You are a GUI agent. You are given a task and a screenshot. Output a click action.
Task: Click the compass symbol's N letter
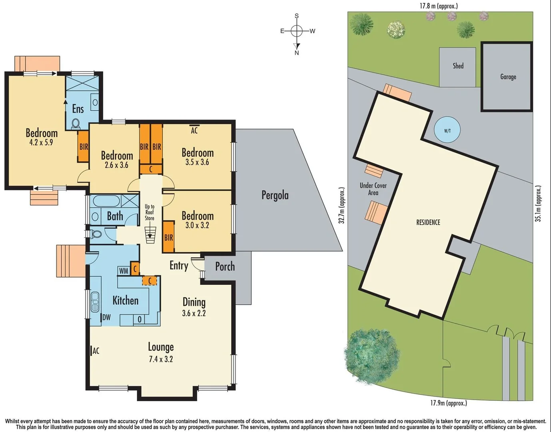[297, 53]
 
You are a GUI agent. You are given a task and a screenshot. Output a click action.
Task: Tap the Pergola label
[275, 195]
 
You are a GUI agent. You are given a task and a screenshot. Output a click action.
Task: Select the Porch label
[225, 266]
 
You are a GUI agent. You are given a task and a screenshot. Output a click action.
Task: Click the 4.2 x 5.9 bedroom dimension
[41, 142]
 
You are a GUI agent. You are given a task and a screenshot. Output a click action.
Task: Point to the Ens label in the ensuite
[78, 109]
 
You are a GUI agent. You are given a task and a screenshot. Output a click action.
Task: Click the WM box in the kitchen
[124, 271]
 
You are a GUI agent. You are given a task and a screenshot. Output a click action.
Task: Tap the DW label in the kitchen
[106, 318]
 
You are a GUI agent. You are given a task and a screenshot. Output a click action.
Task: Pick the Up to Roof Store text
[150, 212]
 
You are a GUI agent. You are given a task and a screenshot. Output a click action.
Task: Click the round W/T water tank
[447, 130]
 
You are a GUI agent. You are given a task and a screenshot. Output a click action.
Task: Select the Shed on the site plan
[458, 66]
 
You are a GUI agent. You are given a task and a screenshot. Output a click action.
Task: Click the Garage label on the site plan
[508, 77]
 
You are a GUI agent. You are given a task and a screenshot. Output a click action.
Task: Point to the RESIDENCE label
[428, 222]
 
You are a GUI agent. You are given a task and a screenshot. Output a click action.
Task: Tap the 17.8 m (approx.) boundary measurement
[439, 6]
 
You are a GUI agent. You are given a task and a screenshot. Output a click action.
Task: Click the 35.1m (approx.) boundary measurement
[539, 204]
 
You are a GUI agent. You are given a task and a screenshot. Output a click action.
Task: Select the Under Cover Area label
[373, 189]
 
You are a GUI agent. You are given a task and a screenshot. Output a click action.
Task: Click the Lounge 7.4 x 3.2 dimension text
[161, 359]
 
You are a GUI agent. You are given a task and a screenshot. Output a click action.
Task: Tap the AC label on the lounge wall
[95, 351]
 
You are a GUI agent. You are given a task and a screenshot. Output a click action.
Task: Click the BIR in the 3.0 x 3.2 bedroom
[168, 238]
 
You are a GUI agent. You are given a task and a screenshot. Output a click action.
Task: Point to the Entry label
[179, 266]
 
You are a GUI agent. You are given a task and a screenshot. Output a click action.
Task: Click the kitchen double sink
[95, 302]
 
